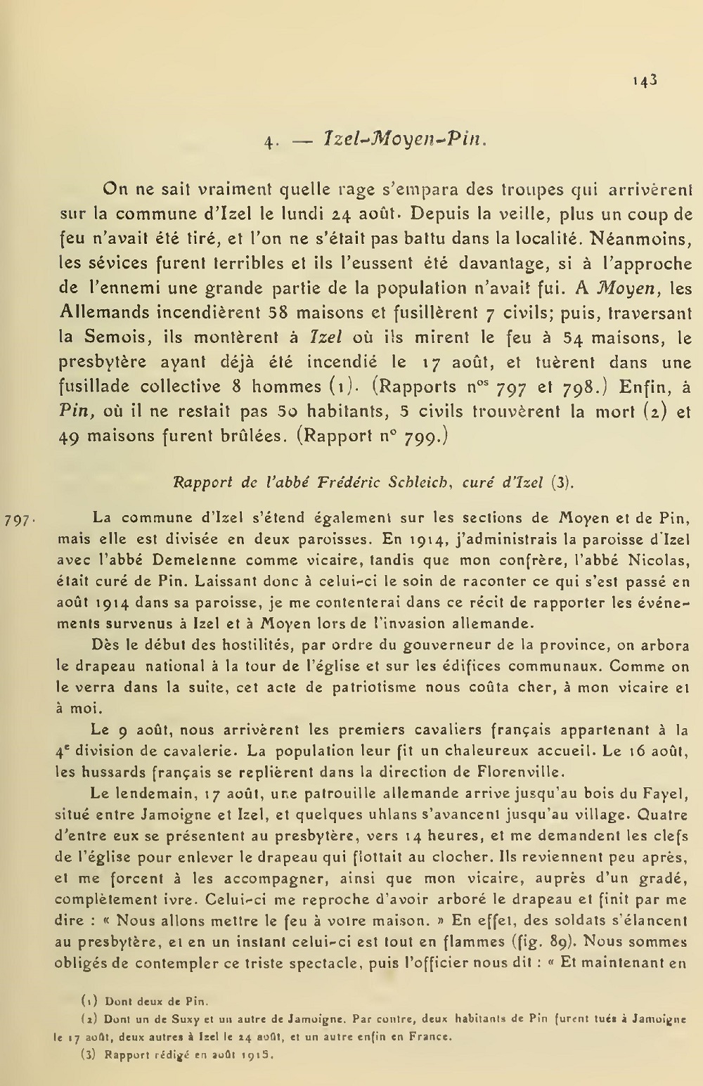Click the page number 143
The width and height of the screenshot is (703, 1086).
click(644, 80)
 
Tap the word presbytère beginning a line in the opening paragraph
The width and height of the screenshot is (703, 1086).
click(103, 363)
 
